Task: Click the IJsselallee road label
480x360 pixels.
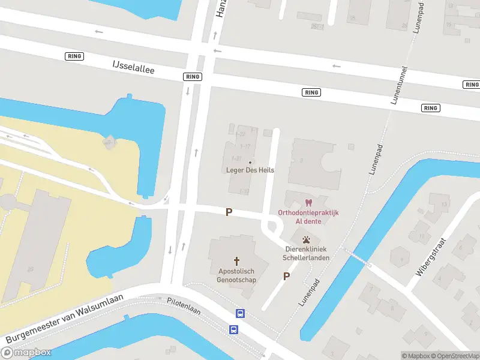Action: coord(133,67)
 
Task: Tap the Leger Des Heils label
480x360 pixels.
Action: coord(250,170)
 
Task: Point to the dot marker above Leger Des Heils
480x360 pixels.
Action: coord(250,162)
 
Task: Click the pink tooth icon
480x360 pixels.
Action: coord(309,203)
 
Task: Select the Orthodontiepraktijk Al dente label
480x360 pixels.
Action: coord(308,217)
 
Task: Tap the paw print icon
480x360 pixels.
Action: coord(307,239)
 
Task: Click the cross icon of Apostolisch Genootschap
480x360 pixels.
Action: coord(236,261)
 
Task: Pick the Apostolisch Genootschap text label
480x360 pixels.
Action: coord(236,275)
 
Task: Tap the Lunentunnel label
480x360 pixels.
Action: coord(399,85)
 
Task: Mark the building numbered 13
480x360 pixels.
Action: coord(445,205)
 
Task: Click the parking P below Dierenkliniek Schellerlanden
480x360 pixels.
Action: coord(286,276)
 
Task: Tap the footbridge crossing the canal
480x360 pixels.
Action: coord(358,259)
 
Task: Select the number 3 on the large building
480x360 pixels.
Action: coord(301,160)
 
